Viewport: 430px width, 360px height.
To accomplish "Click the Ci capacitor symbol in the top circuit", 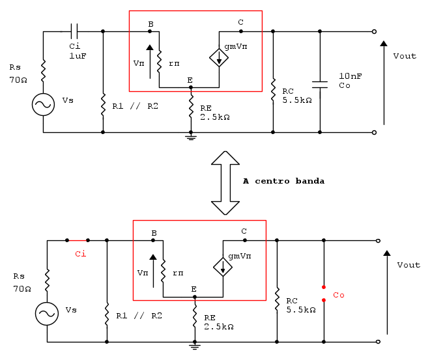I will coord(74,31).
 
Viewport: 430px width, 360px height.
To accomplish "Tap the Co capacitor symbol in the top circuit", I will coord(320,84).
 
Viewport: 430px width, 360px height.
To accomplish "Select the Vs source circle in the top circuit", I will coord(44,104).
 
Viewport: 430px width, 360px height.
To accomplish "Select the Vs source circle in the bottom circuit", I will coord(47,314).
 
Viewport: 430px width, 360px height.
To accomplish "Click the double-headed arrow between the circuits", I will coord(225,182).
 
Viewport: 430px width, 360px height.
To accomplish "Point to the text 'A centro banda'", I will coord(283,180).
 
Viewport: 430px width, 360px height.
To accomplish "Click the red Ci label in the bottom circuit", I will coord(81,253).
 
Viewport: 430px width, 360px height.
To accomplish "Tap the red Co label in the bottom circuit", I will coord(339,295).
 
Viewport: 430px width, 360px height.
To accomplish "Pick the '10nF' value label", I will coord(351,76).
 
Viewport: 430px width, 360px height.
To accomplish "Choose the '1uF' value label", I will coord(78,56).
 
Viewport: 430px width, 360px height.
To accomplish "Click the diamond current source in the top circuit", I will coord(219,58).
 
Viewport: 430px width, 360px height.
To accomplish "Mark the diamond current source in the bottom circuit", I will coord(223,267).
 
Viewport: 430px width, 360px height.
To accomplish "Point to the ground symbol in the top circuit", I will coord(191,136).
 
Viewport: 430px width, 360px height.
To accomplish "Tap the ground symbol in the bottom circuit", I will coord(194,346).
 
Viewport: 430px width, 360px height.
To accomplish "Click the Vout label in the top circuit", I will coord(405,56).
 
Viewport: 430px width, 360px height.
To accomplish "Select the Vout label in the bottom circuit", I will coord(408,265).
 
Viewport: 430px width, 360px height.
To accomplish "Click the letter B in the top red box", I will coord(150,24).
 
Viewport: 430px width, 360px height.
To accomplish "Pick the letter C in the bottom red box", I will coord(244,231).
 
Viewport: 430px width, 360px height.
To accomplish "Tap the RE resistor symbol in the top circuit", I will coord(191,105).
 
